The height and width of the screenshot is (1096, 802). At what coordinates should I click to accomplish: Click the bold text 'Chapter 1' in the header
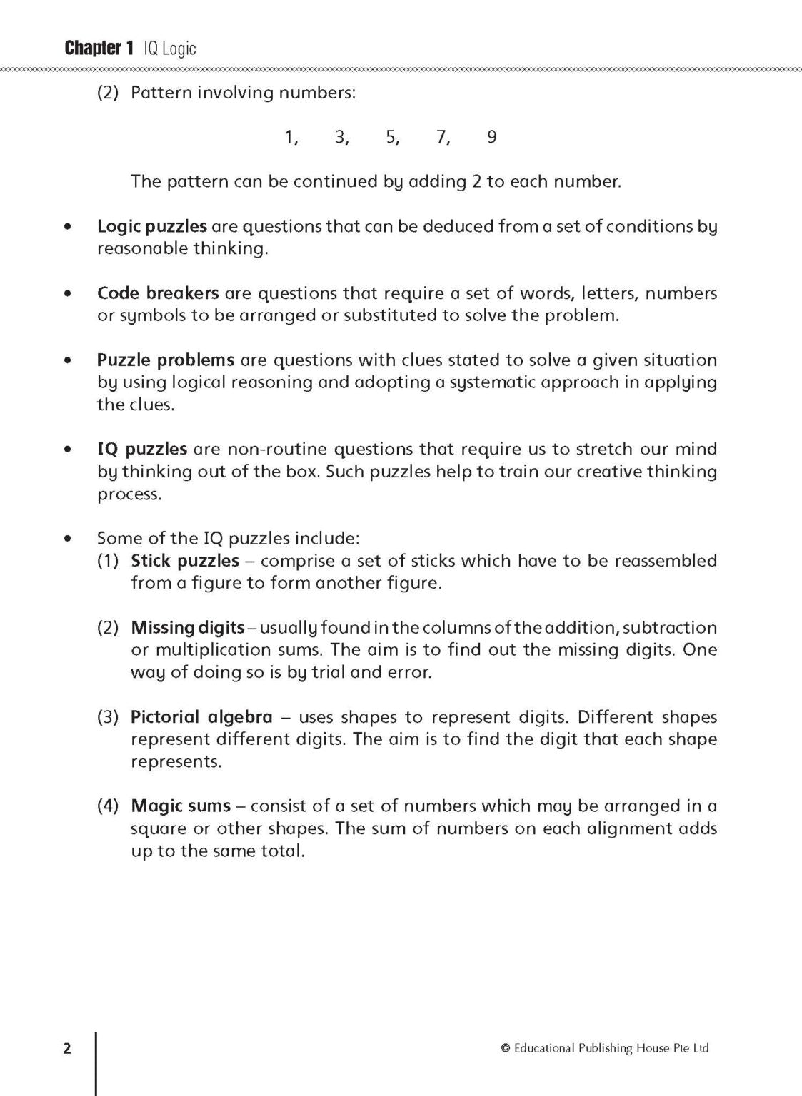(x=99, y=49)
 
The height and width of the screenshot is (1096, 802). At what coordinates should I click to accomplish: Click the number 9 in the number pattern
(x=491, y=137)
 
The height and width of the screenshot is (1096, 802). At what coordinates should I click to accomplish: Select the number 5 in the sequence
(x=391, y=137)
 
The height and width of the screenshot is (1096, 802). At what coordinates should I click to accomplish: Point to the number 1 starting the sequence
(x=289, y=137)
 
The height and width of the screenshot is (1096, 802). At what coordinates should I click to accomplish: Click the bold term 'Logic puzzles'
(x=151, y=226)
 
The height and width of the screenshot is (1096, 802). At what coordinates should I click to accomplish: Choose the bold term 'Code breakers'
(x=158, y=293)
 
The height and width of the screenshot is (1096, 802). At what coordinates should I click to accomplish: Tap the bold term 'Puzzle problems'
(x=166, y=360)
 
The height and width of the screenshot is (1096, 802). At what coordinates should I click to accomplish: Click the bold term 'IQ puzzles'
(x=142, y=449)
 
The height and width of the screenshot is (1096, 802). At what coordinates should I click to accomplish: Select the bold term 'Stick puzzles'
(x=185, y=561)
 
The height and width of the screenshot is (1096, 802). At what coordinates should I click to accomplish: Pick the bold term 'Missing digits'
(x=188, y=628)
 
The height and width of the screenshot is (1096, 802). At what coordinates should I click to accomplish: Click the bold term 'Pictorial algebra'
(x=201, y=717)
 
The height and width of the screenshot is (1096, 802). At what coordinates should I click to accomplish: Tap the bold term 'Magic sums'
(x=181, y=806)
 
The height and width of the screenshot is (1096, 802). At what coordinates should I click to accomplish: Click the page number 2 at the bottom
(x=67, y=1048)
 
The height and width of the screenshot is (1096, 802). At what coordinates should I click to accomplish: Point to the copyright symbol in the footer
(x=506, y=1048)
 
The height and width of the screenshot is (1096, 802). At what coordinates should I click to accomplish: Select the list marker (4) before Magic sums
(x=108, y=806)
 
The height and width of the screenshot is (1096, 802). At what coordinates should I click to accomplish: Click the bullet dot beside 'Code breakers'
(x=68, y=293)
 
